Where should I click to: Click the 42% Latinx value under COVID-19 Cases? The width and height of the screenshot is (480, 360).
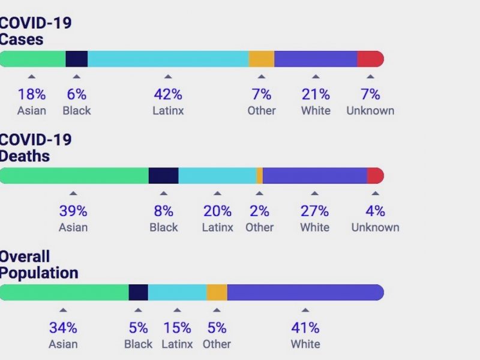(x=168, y=94)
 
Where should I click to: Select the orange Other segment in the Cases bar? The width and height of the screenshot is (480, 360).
(x=261, y=59)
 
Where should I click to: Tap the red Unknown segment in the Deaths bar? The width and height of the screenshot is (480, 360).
(x=375, y=175)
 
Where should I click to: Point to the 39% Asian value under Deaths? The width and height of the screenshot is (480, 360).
(x=73, y=211)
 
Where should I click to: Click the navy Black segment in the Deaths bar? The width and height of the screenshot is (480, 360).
(x=163, y=175)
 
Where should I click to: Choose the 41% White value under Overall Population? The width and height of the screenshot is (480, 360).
(x=305, y=328)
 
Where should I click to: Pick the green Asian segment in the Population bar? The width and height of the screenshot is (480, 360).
(x=64, y=292)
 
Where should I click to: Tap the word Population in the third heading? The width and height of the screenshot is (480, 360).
(x=39, y=273)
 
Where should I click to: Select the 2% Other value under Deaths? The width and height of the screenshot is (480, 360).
(x=259, y=211)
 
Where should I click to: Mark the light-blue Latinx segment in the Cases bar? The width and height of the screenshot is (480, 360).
(x=168, y=59)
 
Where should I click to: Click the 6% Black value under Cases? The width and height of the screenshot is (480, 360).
(x=77, y=94)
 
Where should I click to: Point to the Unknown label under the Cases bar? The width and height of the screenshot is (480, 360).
(x=370, y=110)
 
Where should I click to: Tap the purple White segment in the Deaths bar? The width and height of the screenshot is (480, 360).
(x=315, y=175)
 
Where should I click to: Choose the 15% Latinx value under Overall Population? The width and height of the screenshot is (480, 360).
(x=177, y=328)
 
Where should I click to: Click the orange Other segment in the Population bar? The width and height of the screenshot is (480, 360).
(x=217, y=292)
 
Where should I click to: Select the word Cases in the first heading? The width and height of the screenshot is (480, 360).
(x=22, y=39)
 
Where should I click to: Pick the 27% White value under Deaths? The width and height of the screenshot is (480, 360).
(x=315, y=211)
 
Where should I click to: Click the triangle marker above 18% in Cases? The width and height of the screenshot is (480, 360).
(x=32, y=76)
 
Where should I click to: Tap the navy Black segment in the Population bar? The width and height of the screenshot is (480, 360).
(x=138, y=292)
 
